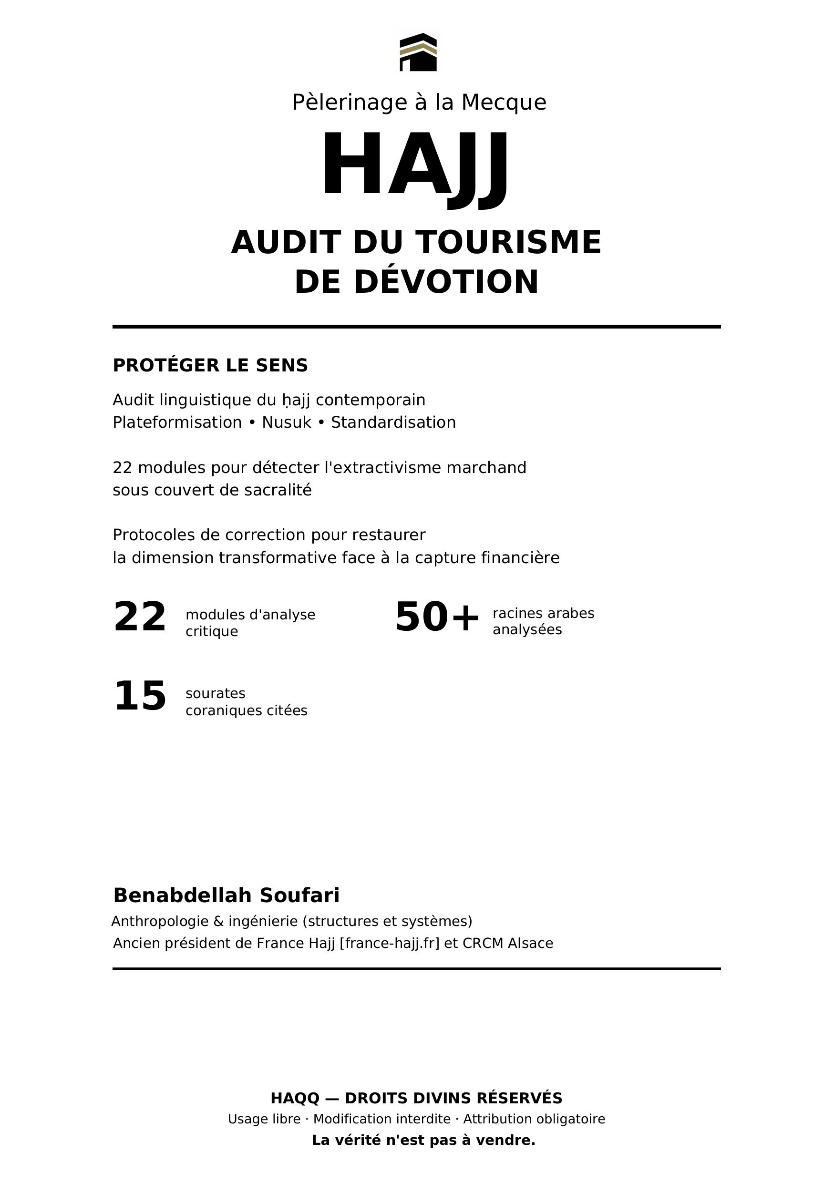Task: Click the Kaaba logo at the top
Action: pos(418,52)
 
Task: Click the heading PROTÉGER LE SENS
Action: pos(210,365)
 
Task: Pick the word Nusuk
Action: pos(287,422)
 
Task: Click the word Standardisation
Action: pos(393,422)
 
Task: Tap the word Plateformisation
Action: pos(177,422)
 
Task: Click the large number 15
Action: pos(140,697)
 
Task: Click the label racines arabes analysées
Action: pos(543,621)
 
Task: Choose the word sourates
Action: pos(216,693)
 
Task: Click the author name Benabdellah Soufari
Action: pos(226,895)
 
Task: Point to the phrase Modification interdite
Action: pos(381,1119)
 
